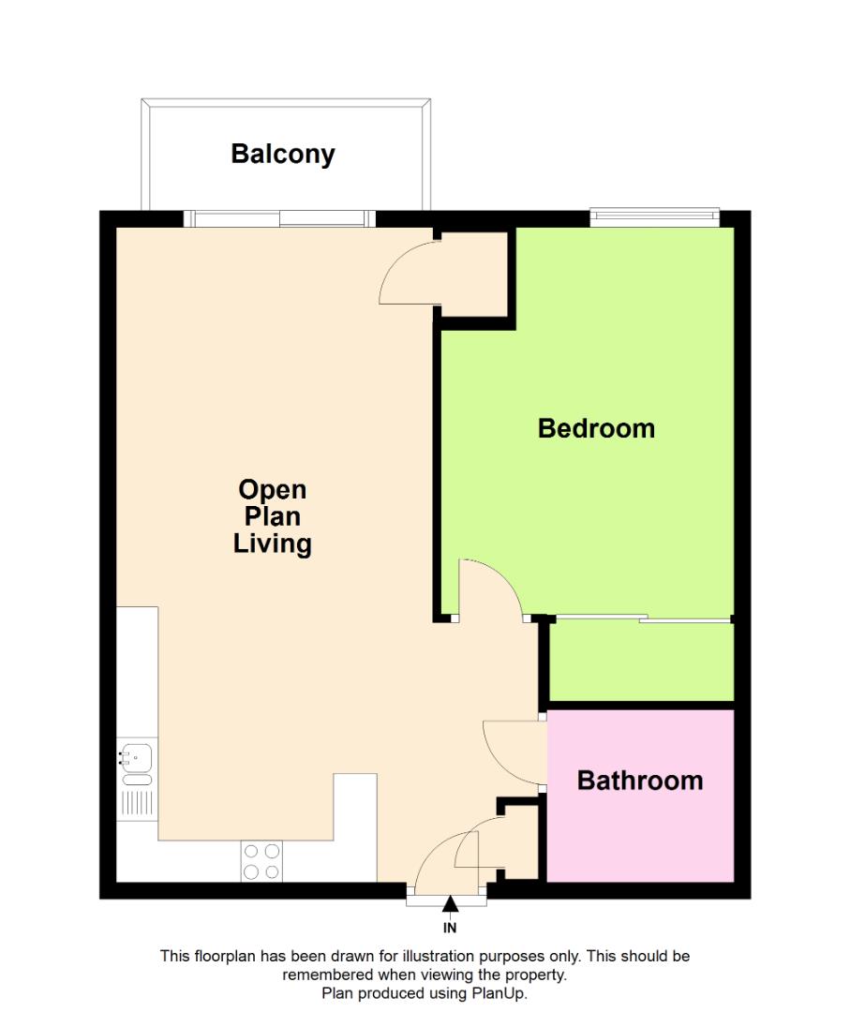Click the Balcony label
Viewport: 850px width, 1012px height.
pyautogui.click(x=282, y=154)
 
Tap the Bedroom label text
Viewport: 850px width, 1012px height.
pyautogui.click(x=596, y=428)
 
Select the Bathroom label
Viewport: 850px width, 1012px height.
pyautogui.click(x=640, y=780)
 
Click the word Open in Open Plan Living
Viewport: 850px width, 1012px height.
pyautogui.click(x=272, y=489)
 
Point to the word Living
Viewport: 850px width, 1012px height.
pyautogui.click(x=272, y=543)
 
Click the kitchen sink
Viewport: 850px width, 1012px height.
pyautogui.click(x=137, y=755)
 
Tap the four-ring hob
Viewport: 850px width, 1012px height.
pyautogui.click(x=262, y=861)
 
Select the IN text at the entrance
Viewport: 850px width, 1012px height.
pyautogui.click(x=450, y=929)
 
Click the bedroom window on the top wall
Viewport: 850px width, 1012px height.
pyautogui.click(x=654, y=218)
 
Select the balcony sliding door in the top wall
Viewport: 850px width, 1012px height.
pyautogui.click(x=279, y=219)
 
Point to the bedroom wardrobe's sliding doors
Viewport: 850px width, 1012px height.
pyautogui.click(x=641, y=618)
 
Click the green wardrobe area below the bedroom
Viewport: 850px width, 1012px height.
pyautogui.click(x=641, y=661)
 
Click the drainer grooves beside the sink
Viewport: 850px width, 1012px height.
pyautogui.click(x=138, y=802)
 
